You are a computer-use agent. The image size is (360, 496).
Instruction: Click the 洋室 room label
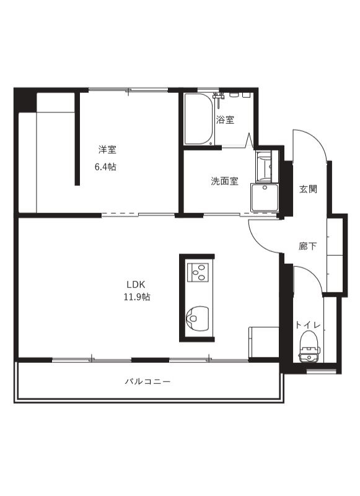tap(108, 149)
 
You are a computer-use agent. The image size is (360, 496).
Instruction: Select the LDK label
tap(136, 284)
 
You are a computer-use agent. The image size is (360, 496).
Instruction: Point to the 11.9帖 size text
tap(136, 297)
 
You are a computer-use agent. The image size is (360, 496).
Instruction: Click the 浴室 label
tap(225, 120)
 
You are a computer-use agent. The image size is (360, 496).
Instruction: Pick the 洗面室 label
tap(224, 181)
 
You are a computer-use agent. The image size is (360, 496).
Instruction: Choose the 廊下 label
tap(308, 246)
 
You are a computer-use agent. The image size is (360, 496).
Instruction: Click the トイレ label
tap(307, 324)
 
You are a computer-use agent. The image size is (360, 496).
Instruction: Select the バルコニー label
tap(147, 381)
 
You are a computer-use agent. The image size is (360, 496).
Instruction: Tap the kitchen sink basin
tap(196, 316)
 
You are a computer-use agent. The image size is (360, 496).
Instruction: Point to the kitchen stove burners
tap(199, 271)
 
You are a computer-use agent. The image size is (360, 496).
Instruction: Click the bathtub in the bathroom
tap(198, 120)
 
